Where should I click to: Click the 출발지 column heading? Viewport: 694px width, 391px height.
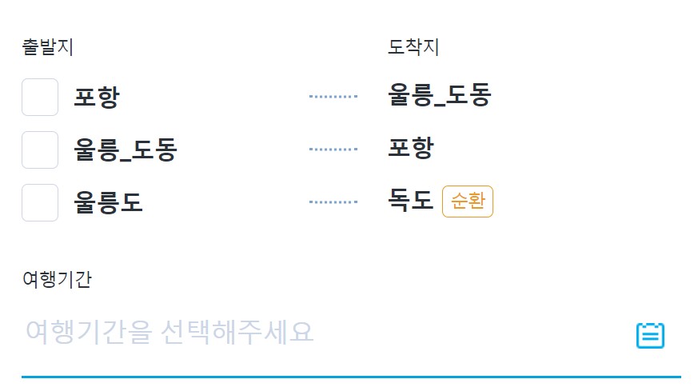(x=47, y=47)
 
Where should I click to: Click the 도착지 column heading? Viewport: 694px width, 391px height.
(x=413, y=47)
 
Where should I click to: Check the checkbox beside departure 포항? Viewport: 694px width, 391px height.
(x=40, y=98)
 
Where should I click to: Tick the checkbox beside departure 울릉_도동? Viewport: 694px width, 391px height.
(x=40, y=150)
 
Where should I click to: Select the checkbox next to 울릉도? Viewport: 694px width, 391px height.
(x=40, y=202)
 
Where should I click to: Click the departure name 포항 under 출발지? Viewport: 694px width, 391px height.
(x=96, y=98)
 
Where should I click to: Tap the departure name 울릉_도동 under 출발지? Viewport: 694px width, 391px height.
(x=125, y=150)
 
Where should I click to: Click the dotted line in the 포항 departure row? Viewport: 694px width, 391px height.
(x=333, y=97)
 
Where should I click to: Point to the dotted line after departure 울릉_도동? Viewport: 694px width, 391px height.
(x=333, y=150)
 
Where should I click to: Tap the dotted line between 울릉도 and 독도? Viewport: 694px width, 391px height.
(x=333, y=202)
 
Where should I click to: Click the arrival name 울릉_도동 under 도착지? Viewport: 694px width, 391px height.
(x=439, y=96)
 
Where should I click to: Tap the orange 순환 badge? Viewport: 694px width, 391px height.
(x=468, y=201)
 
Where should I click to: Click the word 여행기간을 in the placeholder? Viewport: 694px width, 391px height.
(x=88, y=331)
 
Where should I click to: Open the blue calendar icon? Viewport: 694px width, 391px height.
(x=650, y=335)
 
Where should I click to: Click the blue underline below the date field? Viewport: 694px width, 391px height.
(x=350, y=376)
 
